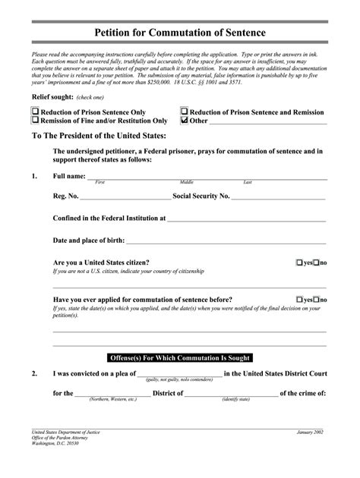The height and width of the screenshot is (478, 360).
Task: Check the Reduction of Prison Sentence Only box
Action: click(x=34, y=111)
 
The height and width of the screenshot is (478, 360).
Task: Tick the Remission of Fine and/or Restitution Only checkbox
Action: click(x=34, y=120)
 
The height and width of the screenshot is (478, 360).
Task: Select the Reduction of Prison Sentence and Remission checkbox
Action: click(x=184, y=111)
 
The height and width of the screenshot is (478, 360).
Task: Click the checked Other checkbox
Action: click(x=184, y=120)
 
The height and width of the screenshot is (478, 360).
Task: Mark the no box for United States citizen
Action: click(x=317, y=263)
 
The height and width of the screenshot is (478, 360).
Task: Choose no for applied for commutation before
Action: click(x=317, y=300)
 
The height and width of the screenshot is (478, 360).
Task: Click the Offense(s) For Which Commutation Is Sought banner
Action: click(x=180, y=357)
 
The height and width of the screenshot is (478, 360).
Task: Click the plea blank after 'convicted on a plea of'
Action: click(x=179, y=374)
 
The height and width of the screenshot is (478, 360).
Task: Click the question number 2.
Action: click(x=35, y=374)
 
